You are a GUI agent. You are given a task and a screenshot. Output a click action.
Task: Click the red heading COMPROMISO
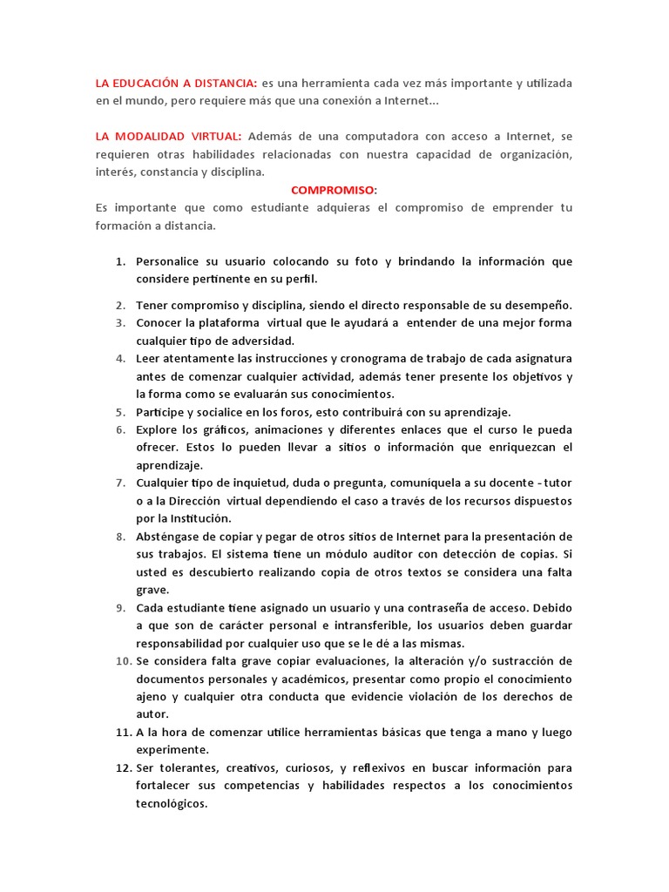pyautogui.click(x=334, y=190)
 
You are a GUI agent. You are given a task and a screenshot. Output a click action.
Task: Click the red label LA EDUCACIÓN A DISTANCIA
pyautogui.click(x=177, y=83)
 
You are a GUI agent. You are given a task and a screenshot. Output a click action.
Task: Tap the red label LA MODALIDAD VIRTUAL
pyautogui.click(x=171, y=137)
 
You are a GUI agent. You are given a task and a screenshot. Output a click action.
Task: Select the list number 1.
pyautogui.click(x=121, y=261)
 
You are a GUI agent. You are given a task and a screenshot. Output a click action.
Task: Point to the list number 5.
pyautogui.click(x=120, y=412)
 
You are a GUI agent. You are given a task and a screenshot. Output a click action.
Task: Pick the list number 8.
pyautogui.click(x=120, y=536)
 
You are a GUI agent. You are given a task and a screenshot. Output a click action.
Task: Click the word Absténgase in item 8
pyautogui.click(x=172, y=536)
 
